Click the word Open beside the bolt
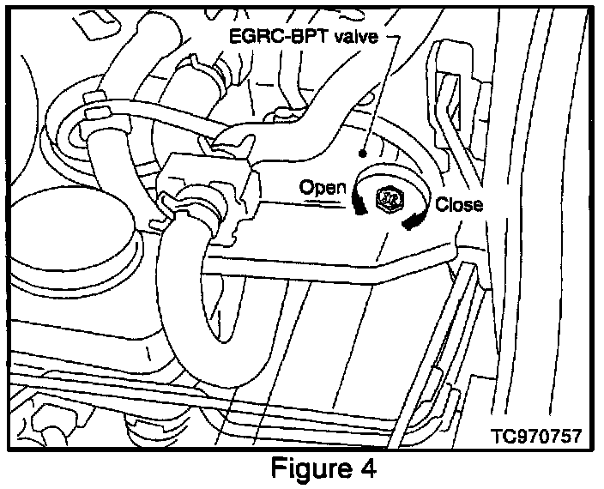322,186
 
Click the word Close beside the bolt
458,205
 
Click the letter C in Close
441,205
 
